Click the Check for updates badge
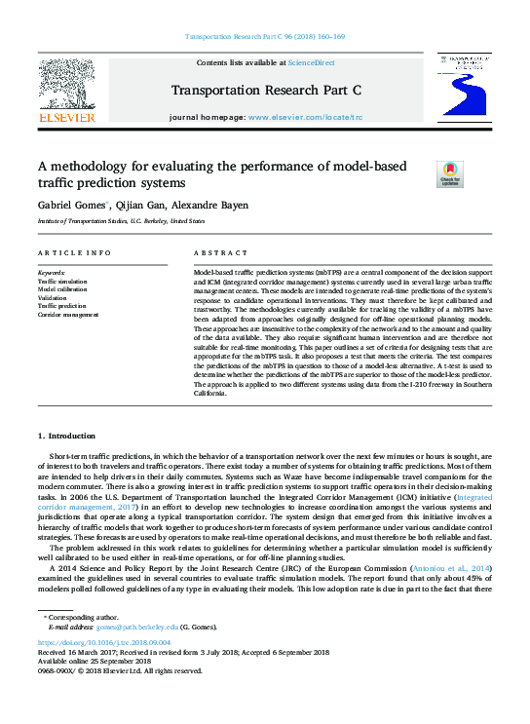coord(450,174)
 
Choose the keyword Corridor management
coord(68,315)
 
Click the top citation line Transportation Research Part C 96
coord(264,37)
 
